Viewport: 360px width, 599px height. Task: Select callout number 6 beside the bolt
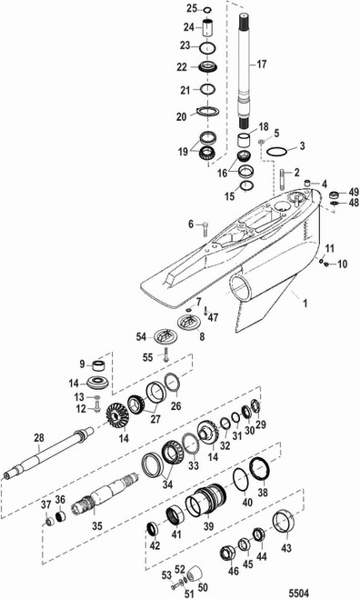click(191, 224)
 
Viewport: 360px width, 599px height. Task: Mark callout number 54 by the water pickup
click(141, 336)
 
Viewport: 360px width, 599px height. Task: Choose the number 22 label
click(182, 66)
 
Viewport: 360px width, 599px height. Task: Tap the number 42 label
click(155, 545)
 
